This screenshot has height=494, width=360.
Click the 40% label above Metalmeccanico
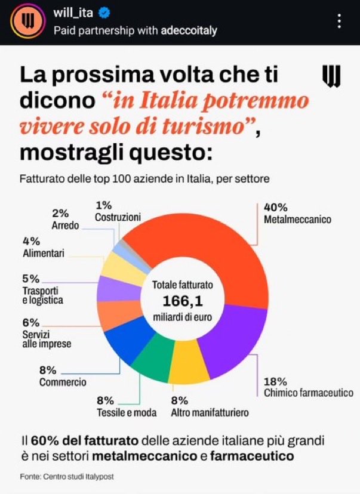tap(275, 208)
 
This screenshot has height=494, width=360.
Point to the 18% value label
tap(275, 381)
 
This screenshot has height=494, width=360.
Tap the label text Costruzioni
tap(118, 217)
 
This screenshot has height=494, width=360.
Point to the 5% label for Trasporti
tap(31, 279)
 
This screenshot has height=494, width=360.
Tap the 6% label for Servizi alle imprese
tap(31, 323)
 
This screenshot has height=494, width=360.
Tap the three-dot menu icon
tap(339, 22)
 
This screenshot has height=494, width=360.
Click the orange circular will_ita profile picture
tap(26, 22)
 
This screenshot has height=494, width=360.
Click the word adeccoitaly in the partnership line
tap(189, 30)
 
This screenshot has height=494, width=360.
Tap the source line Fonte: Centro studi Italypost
tap(67, 476)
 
